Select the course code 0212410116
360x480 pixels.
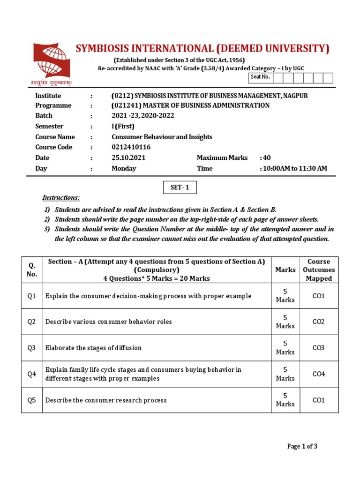(131, 147)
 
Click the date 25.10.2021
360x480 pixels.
(128, 158)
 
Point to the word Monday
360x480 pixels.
(124, 169)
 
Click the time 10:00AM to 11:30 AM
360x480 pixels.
(293, 169)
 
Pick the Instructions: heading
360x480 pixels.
(61, 198)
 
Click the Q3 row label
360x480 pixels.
(32, 348)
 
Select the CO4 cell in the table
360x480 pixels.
(319, 374)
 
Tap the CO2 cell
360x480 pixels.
(319, 322)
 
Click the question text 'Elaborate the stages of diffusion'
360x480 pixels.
(93, 348)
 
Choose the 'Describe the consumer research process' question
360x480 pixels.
(106, 400)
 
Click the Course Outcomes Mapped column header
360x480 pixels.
(319, 270)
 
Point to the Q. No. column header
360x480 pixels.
(32, 270)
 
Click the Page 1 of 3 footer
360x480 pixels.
(302, 446)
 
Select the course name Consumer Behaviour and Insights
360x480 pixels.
(162, 137)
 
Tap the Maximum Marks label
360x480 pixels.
(222, 158)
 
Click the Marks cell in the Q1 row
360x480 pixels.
(285, 296)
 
